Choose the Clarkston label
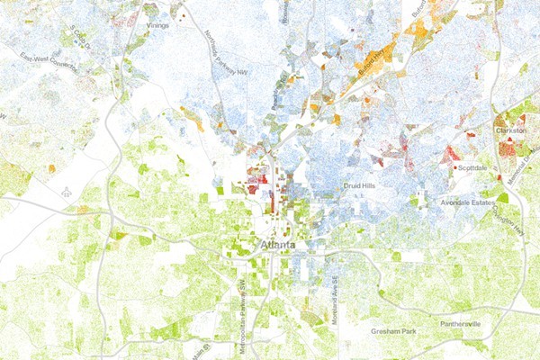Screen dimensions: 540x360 click(511, 130)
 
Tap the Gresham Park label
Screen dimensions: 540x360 click(394, 332)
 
